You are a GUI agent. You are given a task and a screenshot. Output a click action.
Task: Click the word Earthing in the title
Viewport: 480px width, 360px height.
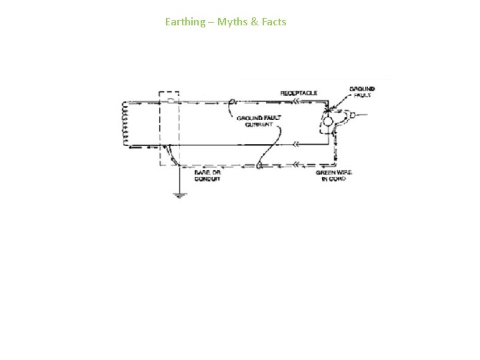point(185,22)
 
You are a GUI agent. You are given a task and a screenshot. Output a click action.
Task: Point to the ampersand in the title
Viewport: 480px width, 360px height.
point(253,22)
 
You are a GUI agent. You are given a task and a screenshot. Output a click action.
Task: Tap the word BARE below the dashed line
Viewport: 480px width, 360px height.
point(201,173)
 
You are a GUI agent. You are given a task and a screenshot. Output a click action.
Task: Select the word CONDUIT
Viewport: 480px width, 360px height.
point(207,180)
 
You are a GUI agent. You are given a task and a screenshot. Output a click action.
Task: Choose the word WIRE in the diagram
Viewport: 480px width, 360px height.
point(345,173)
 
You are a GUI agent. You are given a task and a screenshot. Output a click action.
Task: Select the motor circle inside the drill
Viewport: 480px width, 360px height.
point(328,121)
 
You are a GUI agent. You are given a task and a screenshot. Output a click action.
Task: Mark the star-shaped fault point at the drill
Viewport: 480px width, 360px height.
point(327,109)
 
